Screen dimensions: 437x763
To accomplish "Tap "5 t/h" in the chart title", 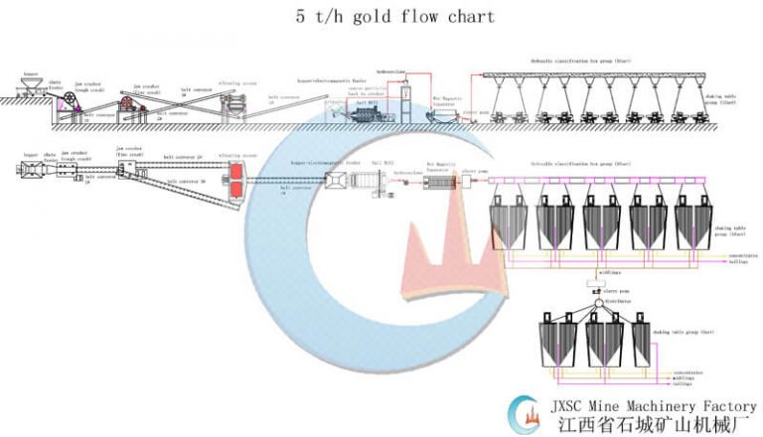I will tap(318, 17).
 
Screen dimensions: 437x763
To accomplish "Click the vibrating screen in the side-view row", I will tap(229, 105).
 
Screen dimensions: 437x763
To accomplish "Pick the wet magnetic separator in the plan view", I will tap(437, 185).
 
